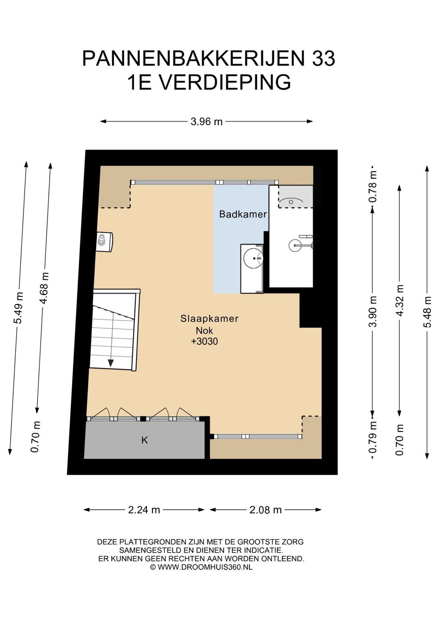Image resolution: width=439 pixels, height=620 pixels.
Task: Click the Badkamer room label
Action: tap(243, 214)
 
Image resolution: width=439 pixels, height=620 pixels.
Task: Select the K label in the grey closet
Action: tap(145, 440)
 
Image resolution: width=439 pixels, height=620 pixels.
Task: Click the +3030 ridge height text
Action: tap(204, 341)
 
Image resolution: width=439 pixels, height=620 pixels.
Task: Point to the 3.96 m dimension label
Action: tap(206, 121)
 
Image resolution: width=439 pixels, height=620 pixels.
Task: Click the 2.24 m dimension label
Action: tap(144, 510)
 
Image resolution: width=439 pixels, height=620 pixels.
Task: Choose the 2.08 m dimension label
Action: tap(265, 510)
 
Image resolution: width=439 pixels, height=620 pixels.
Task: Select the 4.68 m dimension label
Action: tap(44, 288)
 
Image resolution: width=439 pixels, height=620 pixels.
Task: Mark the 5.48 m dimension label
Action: tap(427, 312)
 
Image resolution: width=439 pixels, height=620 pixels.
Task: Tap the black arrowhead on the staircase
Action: tap(111, 363)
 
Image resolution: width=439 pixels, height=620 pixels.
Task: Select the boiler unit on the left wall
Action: tap(104, 242)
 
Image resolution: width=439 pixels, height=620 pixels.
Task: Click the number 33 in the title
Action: tap(324, 58)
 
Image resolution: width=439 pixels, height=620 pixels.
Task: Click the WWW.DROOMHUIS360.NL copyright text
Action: tap(205, 567)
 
